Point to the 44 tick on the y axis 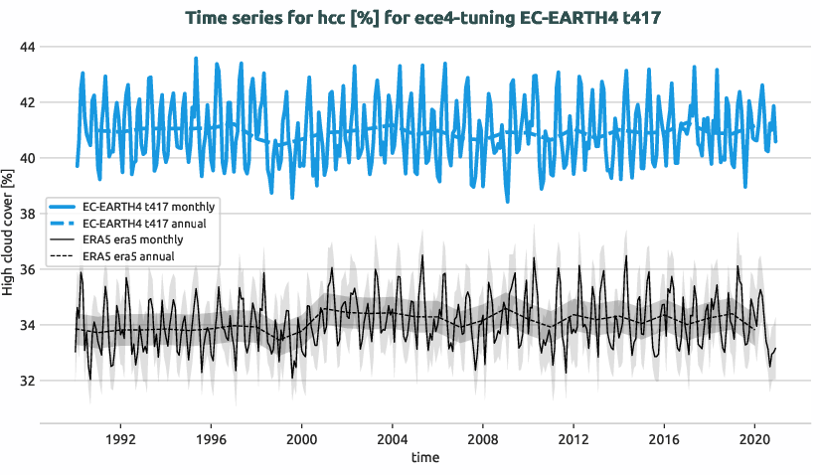(27, 47)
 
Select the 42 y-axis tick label (27, 102)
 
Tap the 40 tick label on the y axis (27, 158)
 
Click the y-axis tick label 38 (27, 214)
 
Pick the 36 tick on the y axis (27, 269)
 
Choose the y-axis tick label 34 (27, 325)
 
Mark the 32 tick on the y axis (27, 381)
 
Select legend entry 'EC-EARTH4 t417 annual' (145, 223)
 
